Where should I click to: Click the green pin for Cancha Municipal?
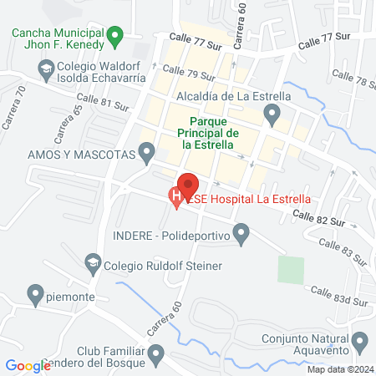point(118,35)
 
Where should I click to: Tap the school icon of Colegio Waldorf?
point(47,67)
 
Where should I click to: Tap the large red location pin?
point(188,185)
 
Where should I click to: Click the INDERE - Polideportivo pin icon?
point(242,235)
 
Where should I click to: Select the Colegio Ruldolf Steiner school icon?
point(92,266)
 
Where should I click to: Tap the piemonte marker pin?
point(35,294)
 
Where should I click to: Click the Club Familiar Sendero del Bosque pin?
point(156,357)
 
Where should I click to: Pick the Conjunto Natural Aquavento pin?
point(360,341)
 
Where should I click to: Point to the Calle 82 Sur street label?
point(318,219)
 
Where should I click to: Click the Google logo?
point(28,365)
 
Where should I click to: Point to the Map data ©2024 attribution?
point(340,369)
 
